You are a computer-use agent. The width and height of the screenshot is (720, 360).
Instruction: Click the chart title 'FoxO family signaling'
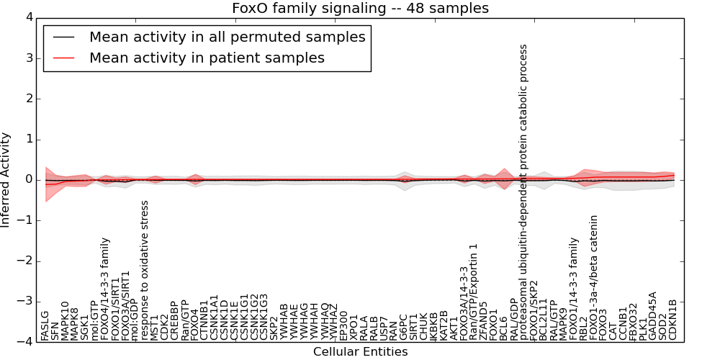click(360, 9)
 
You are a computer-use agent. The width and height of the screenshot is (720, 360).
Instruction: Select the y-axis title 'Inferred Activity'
click(6, 179)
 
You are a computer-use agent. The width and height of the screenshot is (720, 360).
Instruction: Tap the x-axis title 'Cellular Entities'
click(360, 352)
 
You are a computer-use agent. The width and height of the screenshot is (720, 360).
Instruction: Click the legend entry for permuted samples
click(227, 37)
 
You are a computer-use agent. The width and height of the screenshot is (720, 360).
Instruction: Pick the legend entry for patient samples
click(207, 58)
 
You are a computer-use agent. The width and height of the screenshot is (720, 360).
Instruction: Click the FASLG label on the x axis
click(45, 325)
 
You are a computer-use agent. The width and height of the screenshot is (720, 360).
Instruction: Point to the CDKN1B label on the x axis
click(673, 319)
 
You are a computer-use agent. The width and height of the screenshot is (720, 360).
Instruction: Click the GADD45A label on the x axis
click(653, 315)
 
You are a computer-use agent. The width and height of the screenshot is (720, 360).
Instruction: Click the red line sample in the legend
click(62, 58)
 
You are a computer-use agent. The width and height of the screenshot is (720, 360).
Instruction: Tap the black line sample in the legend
click(62, 37)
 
